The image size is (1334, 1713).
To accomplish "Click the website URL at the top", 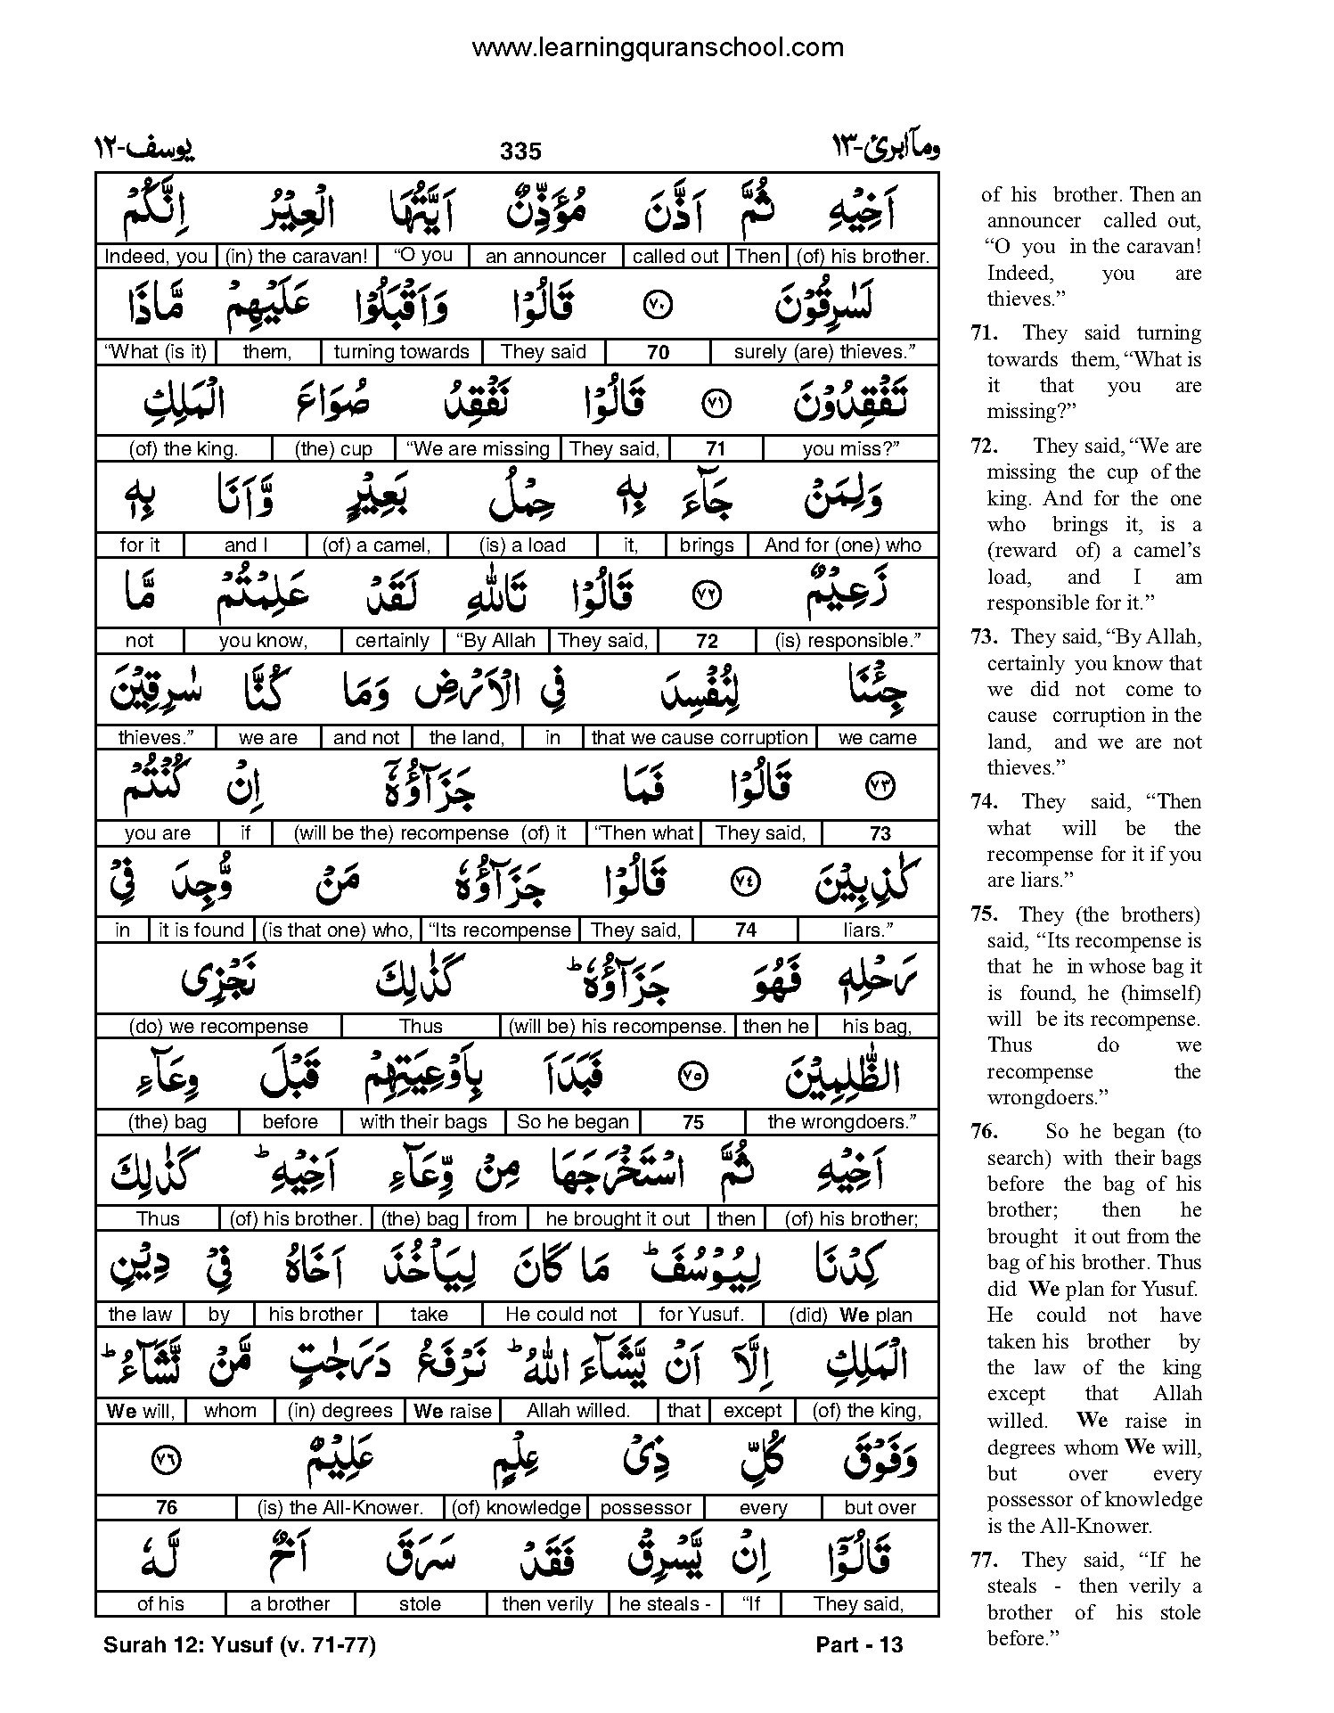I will (657, 47).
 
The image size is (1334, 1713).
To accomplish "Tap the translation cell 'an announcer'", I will (545, 257).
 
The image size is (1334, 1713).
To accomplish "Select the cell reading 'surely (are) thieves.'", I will (823, 352).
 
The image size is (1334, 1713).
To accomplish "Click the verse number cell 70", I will (658, 352).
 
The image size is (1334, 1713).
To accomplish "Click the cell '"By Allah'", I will (495, 641).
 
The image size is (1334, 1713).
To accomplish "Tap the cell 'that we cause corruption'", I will (699, 737).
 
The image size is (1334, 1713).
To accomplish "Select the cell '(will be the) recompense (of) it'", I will (438, 833).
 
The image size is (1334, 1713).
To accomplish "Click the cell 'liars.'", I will (868, 930).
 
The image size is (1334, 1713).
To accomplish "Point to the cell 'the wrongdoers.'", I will (841, 1122).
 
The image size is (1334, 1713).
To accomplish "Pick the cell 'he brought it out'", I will (618, 1218).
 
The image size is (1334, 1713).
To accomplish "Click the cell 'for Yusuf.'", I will (700, 1315).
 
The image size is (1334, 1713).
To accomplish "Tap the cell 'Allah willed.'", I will (577, 1411).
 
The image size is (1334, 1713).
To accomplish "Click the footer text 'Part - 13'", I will (859, 1644).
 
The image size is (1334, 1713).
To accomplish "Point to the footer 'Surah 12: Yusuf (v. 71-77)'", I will (240, 1644).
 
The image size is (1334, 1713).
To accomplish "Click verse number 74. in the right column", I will (984, 801).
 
